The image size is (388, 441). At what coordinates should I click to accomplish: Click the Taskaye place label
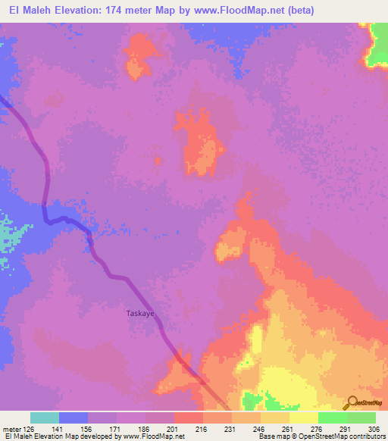[x=140, y=312]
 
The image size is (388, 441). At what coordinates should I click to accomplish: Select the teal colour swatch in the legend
[x=44, y=418]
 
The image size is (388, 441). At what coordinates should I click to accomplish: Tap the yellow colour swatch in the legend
[x=303, y=418]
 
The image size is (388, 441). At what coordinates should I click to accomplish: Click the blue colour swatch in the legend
[x=73, y=418]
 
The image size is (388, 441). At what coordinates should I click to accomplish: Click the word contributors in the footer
[x=368, y=437]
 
